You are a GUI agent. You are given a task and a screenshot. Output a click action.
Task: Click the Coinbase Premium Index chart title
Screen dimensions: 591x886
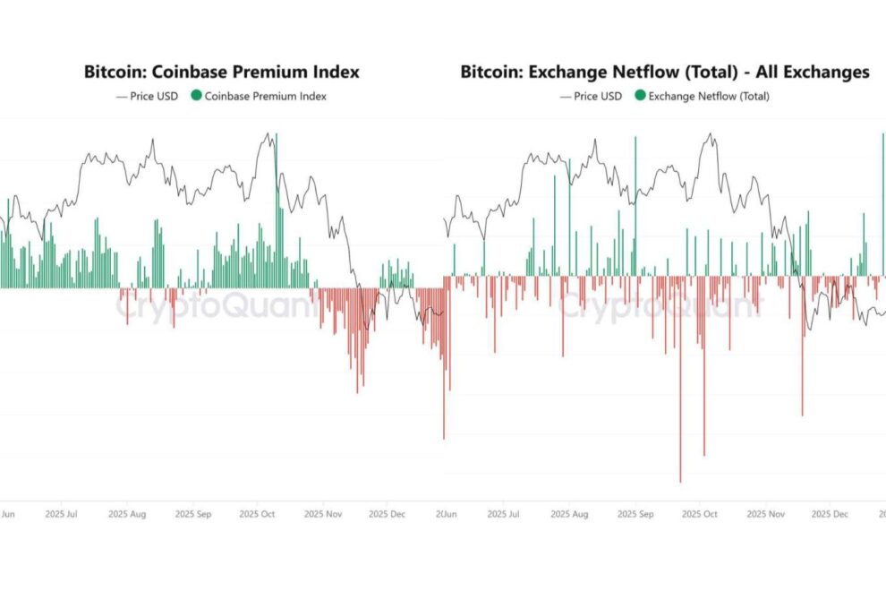click(x=221, y=72)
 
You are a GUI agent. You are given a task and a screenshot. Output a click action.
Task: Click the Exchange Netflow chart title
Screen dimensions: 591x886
click(x=665, y=72)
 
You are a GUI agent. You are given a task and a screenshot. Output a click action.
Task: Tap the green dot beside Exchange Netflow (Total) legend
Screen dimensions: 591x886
click(x=640, y=96)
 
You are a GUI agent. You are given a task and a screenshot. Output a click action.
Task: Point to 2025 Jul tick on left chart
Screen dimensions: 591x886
click(x=61, y=515)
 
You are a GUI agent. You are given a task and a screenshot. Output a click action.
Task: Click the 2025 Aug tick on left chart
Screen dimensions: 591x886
click(x=126, y=515)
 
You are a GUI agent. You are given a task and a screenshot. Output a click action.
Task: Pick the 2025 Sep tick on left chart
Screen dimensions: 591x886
click(x=193, y=515)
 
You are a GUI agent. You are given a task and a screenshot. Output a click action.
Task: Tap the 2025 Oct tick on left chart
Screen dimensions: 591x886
click(x=258, y=515)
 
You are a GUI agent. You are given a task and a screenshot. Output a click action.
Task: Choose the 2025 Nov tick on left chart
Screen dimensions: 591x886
click(x=324, y=515)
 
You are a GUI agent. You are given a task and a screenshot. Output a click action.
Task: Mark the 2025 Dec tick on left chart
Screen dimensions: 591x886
click(x=388, y=515)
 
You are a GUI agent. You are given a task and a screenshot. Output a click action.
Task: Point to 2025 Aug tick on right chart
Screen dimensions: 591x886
click(x=568, y=515)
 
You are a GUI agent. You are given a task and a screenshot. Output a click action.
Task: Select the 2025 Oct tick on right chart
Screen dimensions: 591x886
click(x=700, y=515)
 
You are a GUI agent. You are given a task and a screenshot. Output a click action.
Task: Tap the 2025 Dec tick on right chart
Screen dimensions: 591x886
click(x=831, y=515)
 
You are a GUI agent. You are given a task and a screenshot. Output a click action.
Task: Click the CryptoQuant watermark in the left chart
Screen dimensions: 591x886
click(x=215, y=307)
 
